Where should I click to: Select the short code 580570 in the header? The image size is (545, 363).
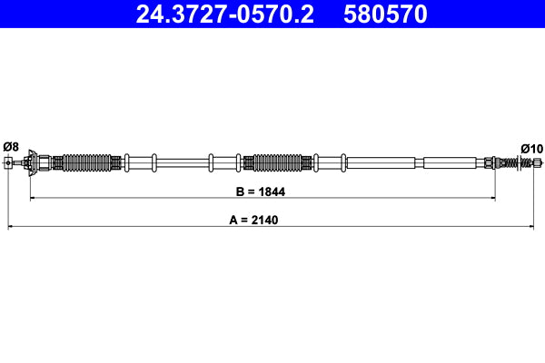click(x=387, y=15)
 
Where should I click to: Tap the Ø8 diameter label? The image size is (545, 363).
click(x=11, y=146)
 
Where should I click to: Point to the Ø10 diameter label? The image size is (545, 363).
click(x=530, y=148)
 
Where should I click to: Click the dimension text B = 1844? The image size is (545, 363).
click(x=263, y=192)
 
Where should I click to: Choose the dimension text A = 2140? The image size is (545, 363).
click(x=263, y=221)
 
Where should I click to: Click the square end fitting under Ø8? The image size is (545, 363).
click(x=10, y=163)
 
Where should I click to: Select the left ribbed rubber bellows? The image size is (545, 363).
click(x=87, y=163)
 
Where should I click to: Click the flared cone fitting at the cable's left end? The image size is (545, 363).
click(x=34, y=162)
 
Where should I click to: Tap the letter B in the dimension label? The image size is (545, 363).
click(x=238, y=192)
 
